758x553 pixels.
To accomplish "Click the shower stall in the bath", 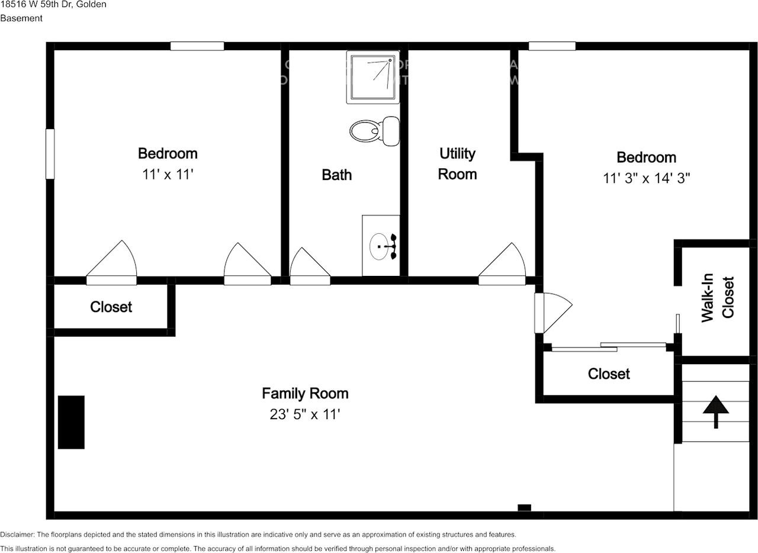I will [372, 77].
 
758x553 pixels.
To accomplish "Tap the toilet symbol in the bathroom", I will [374, 130].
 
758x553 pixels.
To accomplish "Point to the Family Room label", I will [305, 393].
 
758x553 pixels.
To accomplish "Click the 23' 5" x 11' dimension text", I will [305, 414].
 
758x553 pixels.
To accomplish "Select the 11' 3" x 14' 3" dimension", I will [646, 178].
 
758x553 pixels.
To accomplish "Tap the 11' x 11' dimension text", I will [168, 175].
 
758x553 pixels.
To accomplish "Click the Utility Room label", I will [457, 163].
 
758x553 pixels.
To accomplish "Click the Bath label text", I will [336, 175].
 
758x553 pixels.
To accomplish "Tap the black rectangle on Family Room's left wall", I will [71, 422].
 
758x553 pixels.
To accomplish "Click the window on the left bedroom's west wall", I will [50, 154].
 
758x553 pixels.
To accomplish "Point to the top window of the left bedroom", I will [197, 46].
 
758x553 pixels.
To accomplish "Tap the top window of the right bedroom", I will [552, 46].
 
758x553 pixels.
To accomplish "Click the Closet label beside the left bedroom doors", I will [111, 307].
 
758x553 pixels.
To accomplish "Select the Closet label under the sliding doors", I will [609, 374].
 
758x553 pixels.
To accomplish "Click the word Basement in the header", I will [21, 18].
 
